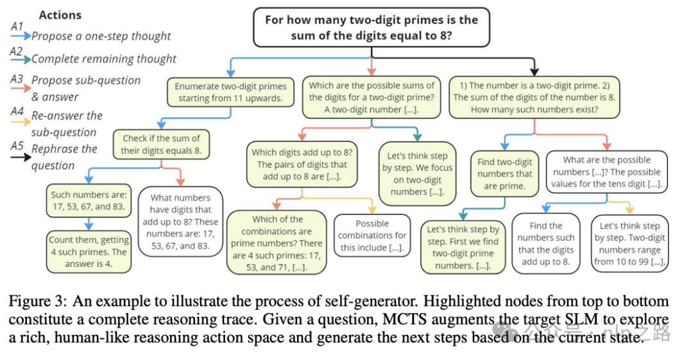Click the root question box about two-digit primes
point(371,28)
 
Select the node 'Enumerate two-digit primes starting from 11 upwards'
point(230,92)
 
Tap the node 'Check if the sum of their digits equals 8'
point(161,145)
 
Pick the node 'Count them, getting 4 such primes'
point(89,246)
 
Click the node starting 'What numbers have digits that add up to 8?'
point(180,221)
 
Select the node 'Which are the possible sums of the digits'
point(372,97)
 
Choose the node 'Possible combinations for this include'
point(372,236)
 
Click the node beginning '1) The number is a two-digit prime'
point(534,97)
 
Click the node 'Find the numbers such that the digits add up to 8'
point(546,243)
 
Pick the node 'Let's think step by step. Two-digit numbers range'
point(629,244)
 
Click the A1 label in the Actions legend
point(17,26)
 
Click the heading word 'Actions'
point(61,14)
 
